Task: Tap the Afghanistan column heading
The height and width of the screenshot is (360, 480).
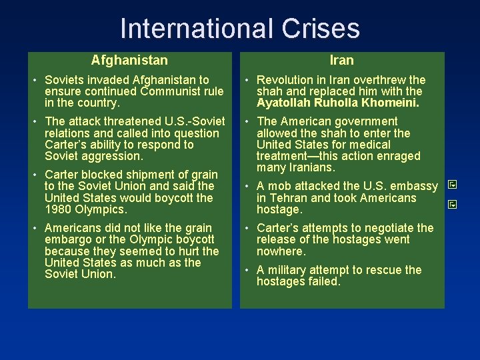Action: click(129, 61)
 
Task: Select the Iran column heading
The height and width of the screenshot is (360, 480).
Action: click(342, 61)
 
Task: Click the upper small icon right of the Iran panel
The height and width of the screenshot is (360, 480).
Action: click(451, 183)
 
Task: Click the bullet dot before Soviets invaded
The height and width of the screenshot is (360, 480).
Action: click(37, 81)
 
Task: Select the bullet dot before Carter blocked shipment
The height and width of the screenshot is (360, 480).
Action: click(37, 175)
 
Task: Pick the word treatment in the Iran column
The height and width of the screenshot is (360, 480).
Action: click(281, 156)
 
